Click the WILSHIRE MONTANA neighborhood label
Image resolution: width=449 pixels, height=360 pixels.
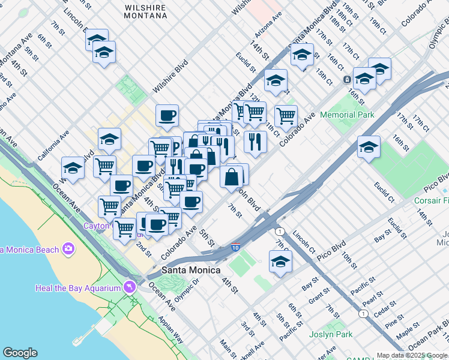tap(146, 11)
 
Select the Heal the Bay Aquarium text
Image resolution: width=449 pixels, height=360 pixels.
tap(77, 289)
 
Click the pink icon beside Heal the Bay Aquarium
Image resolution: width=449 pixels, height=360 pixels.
tap(128, 289)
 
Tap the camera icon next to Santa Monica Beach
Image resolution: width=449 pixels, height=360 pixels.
tap(68, 248)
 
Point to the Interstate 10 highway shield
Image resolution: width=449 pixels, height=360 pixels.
tap(236, 247)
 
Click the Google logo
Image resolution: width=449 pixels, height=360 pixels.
tap(20, 353)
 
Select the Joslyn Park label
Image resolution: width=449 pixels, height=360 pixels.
tap(331, 334)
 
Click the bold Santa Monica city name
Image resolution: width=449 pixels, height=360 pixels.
tap(191, 270)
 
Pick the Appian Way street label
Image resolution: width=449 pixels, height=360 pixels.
tap(172, 330)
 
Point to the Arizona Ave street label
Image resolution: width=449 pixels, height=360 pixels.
tap(268, 26)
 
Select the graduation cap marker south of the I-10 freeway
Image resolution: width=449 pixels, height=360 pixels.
tap(280, 262)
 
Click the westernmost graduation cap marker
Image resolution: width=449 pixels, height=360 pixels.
tap(73, 169)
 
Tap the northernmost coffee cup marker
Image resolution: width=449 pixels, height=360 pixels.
tap(167, 115)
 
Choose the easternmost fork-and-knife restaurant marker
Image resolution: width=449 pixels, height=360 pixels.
tap(256, 142)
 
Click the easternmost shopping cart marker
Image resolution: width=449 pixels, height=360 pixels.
tap(286, 115)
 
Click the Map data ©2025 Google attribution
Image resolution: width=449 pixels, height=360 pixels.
tap(412, 355)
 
